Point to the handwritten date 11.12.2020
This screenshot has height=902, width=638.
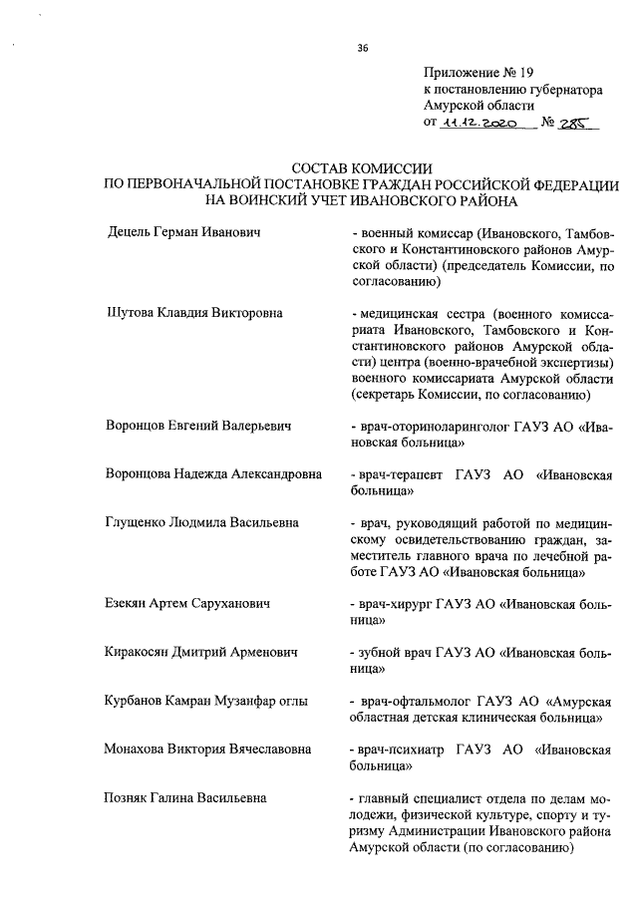click(x=477, y=124)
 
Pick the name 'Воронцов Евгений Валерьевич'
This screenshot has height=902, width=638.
click(x=197, y=426)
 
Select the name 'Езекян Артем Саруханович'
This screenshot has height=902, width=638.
click(x=188, y=603)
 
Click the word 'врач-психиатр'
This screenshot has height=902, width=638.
click(x=397, y=749)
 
